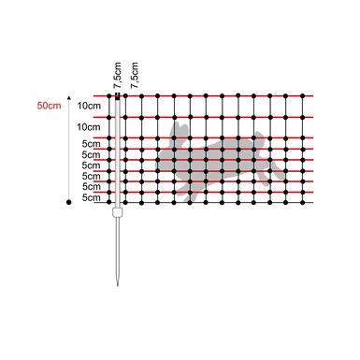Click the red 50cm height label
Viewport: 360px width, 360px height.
[49, 106]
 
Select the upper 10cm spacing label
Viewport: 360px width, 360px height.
[89, 106]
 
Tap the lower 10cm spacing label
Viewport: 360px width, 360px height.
[89, 127]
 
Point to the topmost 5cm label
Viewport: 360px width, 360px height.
[91, 144]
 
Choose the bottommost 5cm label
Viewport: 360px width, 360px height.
[91, 197]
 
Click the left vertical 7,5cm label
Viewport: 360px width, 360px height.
[118, 75]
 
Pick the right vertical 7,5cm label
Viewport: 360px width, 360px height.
[135, 75]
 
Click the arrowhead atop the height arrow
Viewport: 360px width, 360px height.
[69, 98]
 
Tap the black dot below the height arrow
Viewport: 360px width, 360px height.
[69, 202]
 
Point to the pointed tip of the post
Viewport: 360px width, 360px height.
[118, 285]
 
